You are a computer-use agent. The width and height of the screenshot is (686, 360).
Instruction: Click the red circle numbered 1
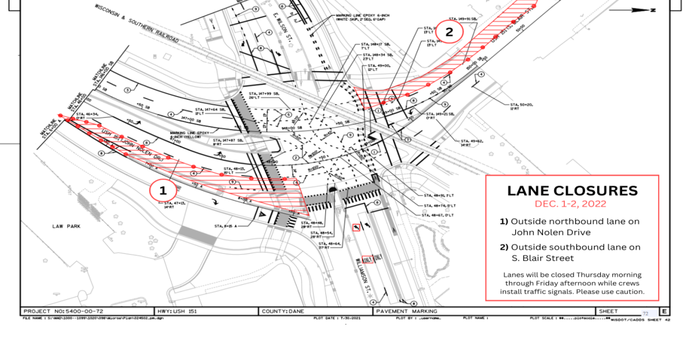[x=163, y=191]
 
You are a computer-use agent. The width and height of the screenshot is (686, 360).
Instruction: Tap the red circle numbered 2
[x=449, y=32]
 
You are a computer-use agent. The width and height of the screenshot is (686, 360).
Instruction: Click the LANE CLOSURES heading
[x=572, y=191]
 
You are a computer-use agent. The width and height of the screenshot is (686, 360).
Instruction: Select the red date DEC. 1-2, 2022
[x=570, y=204]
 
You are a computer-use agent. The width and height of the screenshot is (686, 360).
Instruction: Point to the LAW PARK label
[x=66, y=226]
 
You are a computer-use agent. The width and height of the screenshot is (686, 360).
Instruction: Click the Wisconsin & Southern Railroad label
[x=137, y=25]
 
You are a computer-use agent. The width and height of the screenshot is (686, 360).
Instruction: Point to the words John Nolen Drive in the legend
[x=550, y=232]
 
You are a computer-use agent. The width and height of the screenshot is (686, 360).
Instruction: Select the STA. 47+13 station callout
[x=173, y=205]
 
